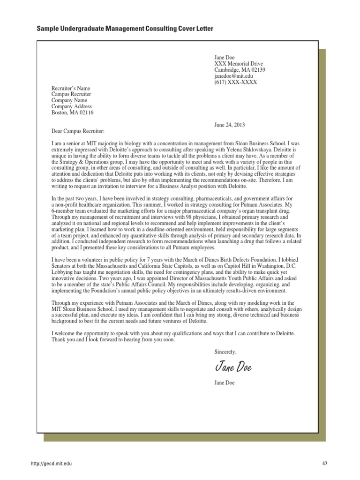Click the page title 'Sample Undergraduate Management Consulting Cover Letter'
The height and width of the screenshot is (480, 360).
point(125,29)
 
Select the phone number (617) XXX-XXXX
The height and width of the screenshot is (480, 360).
point(235,82)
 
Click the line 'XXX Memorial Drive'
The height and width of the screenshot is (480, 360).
point(239,64)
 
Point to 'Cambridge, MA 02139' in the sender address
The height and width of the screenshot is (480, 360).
point(240,70)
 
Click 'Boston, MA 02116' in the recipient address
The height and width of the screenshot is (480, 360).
point(72,113)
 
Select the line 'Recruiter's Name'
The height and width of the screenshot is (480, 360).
point(70,89)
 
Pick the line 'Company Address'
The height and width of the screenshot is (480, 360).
point(72,107)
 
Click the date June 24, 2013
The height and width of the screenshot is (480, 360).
point(229,125)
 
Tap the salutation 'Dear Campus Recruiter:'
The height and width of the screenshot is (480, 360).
point(78,131)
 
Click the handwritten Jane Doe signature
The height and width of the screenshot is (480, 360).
point(233,367)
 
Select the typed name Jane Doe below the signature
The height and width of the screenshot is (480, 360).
point(225,382)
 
